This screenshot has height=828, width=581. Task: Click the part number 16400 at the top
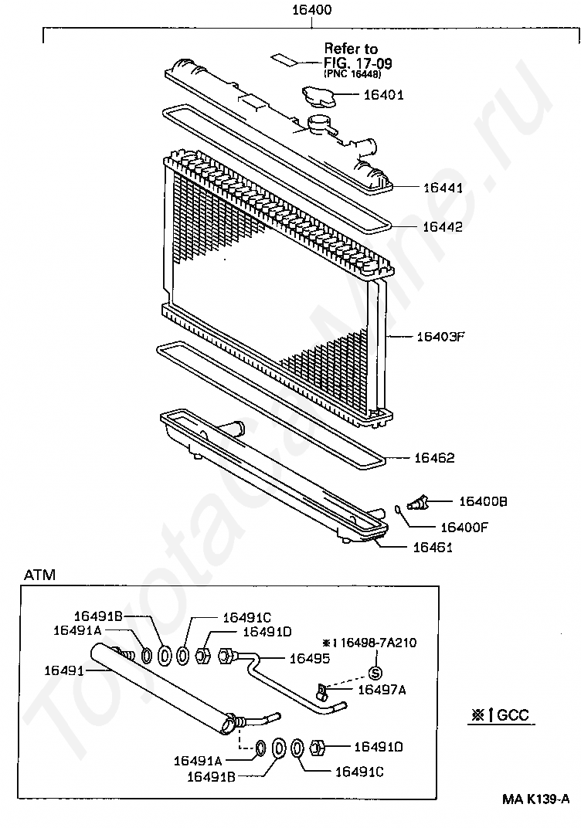click(311, 10)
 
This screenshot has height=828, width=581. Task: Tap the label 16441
click(443, 188)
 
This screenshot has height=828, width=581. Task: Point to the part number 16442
click(443, 226)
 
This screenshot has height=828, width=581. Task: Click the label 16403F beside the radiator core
click(440, 337)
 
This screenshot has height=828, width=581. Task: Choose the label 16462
click(434, 457)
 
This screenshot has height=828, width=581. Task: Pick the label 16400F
click(464, 527)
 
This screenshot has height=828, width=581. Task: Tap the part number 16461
click(433, 547)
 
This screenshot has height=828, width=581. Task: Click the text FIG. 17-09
click(358, 63)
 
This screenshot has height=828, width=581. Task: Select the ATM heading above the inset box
click(39, 575)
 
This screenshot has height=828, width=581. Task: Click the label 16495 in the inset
click(310, 658)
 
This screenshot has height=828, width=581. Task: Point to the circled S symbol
click(375, 673)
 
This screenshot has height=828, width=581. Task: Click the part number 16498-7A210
click(379, 643)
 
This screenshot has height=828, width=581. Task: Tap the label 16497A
click(382, 690)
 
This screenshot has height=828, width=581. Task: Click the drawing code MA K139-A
click(535, 799)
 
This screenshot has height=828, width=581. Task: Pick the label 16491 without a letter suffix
click(64, 670)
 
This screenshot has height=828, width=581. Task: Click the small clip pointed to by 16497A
click(321, 689)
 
